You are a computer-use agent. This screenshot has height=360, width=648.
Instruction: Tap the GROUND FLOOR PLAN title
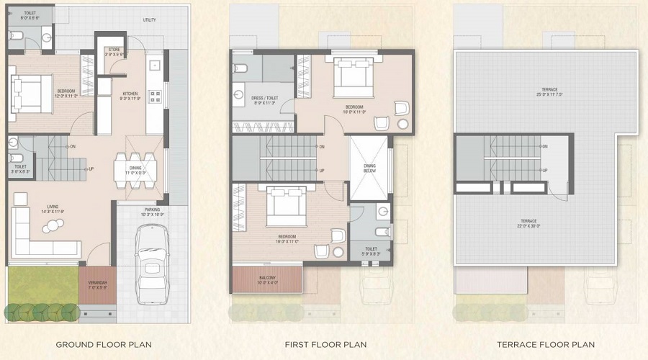coord(104,345)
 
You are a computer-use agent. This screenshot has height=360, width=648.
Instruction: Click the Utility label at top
coord(149,20)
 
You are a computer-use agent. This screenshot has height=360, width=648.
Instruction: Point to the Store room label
coord(114,51)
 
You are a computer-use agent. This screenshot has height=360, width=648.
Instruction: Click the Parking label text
coord(152,212)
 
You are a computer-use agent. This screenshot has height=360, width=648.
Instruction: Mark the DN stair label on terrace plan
coord(544,146)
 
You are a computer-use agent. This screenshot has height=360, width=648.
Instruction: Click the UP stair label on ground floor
coord(91,169)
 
